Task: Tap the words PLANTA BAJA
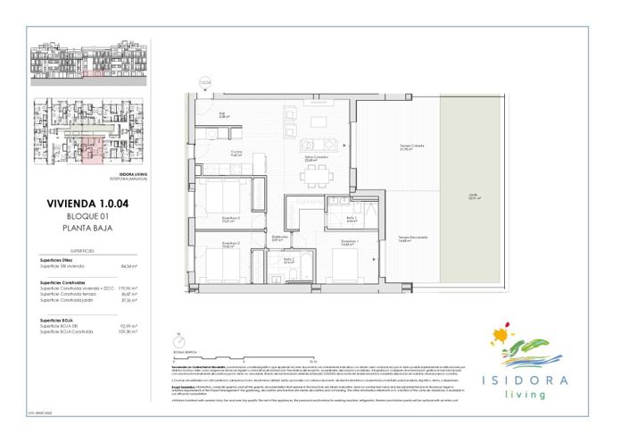[87, 229]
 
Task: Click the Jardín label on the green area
[473, 198]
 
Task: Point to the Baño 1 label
[352, 218]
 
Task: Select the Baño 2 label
[288, 262]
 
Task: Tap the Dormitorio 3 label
[229, 220]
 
